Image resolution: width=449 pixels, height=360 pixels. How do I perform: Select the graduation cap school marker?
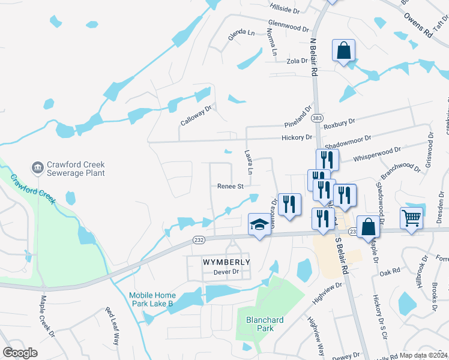coord(259,225)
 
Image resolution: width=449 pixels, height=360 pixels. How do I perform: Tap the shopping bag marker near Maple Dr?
coord(369,226)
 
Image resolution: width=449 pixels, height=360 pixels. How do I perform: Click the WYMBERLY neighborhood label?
coord(217,262)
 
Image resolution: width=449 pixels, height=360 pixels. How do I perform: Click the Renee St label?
coord(230,187)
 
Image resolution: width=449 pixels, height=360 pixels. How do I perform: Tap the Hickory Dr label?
coord(297,138)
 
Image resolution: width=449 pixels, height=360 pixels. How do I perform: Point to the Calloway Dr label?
coord(197,115)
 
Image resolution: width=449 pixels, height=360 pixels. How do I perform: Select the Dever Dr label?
coord(226,272)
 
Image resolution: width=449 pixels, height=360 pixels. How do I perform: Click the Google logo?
coord(20,353)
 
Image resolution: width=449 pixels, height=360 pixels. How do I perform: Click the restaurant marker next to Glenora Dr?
coord(289,204)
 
